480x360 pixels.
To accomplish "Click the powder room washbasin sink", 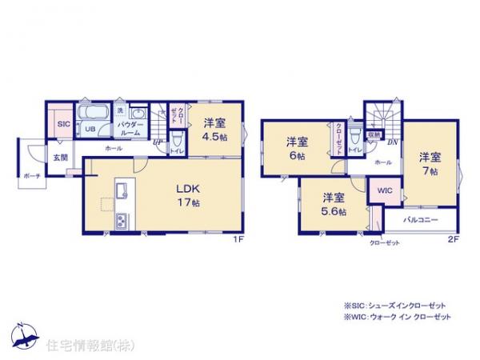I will click(x=137, y=114).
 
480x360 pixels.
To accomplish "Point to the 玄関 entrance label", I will click(x=61, y=158).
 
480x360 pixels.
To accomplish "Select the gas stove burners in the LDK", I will click(x=122, y=220).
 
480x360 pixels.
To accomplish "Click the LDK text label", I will click(x=188, y=189).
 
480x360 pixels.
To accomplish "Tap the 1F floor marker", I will click(x=238, y=239).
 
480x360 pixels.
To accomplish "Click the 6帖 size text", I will click(x=298, y=156).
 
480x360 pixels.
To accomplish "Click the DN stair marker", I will click(x=394, y=144).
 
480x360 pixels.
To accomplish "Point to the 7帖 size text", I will click(x=431, y=170).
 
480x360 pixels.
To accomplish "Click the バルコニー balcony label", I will click(x=419, y=219).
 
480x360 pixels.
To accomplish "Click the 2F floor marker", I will click(x=453, y=239).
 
